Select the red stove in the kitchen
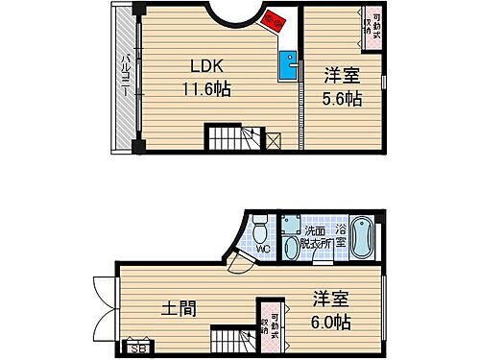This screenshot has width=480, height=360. point(276,21)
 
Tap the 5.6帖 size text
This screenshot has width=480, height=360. point(341,100)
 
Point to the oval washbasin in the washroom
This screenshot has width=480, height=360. point(289,225)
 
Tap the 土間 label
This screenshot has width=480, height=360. point(180,308)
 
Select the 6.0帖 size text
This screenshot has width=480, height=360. point(329,322)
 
